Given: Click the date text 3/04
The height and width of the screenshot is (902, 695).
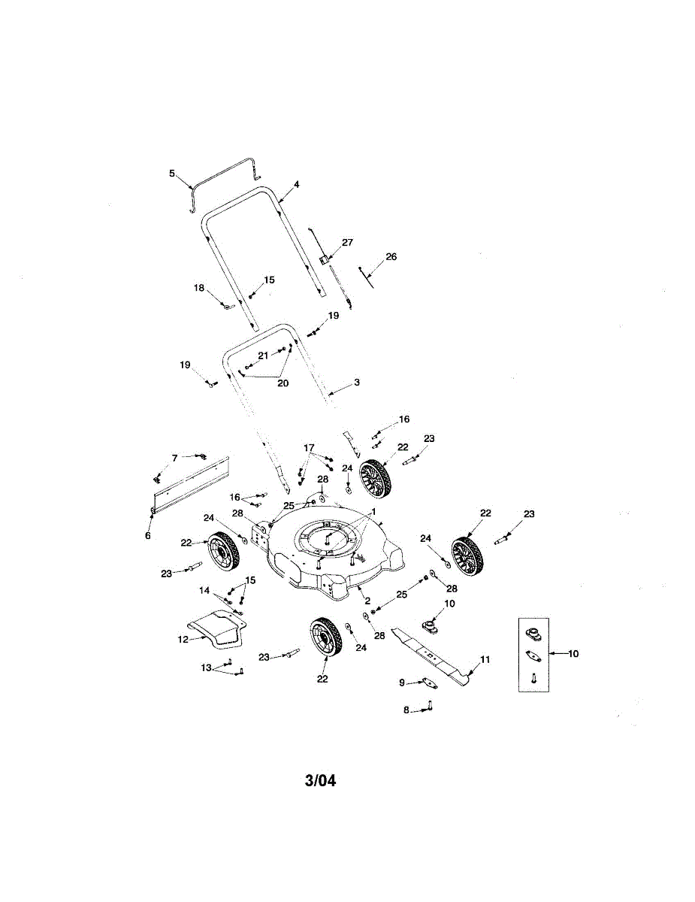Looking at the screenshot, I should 321,781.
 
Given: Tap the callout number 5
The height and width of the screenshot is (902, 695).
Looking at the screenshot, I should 172,174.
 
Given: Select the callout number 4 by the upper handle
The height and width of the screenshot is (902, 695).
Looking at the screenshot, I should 297,184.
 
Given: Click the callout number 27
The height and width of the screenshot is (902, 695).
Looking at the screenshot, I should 347,243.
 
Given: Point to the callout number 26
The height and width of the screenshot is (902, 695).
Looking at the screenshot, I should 391,256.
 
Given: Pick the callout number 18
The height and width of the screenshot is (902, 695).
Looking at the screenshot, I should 199,288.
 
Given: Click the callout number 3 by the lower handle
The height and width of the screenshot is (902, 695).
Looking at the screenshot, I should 357,383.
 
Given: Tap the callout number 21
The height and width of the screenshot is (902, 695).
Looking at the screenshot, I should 263,355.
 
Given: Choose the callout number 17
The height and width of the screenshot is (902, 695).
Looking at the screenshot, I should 309,448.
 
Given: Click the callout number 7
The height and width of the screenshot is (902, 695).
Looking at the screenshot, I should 174,458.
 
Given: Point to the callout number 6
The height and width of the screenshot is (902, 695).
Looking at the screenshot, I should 148,536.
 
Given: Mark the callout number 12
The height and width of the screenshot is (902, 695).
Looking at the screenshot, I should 182,640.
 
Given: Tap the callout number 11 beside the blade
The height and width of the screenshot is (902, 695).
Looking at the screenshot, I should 485,659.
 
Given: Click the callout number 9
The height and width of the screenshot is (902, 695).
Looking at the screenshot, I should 402,683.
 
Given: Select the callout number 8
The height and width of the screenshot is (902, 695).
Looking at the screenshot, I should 406,710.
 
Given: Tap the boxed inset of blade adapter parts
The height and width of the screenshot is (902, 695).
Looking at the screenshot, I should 533,655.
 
